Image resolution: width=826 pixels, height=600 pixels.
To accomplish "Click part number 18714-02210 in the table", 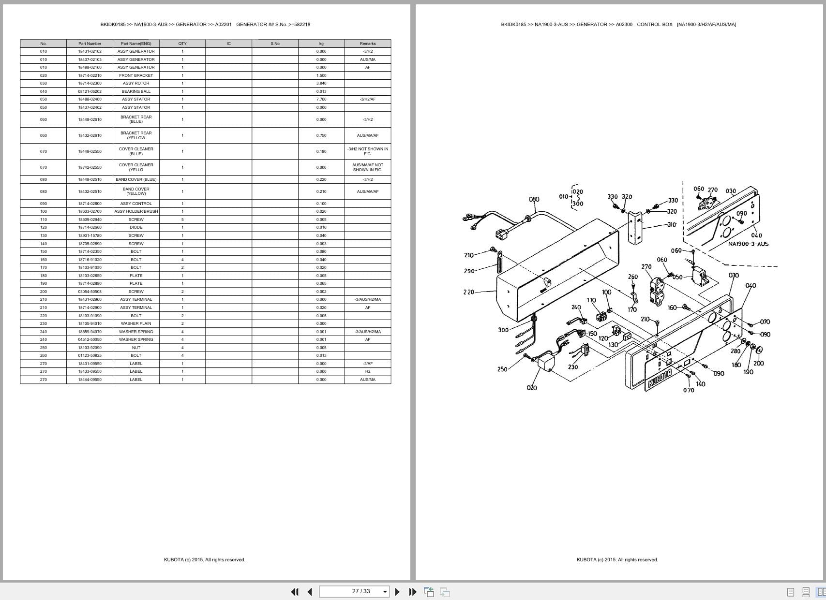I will (90, 75).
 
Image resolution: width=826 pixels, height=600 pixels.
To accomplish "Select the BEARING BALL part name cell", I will (136, 91).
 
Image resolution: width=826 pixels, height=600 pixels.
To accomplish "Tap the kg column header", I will (321, 44).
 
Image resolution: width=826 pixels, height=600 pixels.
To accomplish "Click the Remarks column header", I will (368, 44).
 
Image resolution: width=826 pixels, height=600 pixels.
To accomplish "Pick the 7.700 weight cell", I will (321, 99).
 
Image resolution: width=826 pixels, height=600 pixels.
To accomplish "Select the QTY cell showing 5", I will (182, 220).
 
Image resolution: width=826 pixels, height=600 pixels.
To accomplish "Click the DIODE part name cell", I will (136, 227).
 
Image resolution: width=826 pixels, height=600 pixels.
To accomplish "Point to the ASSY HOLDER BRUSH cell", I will (136, 211).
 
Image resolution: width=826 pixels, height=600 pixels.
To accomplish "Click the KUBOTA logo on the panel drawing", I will (660, 379).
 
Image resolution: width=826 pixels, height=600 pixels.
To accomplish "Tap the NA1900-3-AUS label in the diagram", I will (748, 244).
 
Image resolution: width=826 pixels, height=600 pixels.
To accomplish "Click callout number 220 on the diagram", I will (468, 292).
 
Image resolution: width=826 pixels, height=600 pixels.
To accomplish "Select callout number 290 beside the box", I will (469, 271).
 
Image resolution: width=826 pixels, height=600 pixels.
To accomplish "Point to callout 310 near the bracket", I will (672, 225).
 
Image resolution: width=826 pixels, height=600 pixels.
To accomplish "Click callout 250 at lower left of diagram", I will (502, 369).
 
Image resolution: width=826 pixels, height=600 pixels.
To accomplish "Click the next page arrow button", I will (397, 591).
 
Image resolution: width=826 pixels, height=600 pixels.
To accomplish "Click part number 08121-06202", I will (90, 91).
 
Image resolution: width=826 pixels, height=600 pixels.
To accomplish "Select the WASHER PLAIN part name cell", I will (136, 323).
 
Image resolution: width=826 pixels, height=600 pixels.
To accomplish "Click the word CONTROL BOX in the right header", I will (654, 24).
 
